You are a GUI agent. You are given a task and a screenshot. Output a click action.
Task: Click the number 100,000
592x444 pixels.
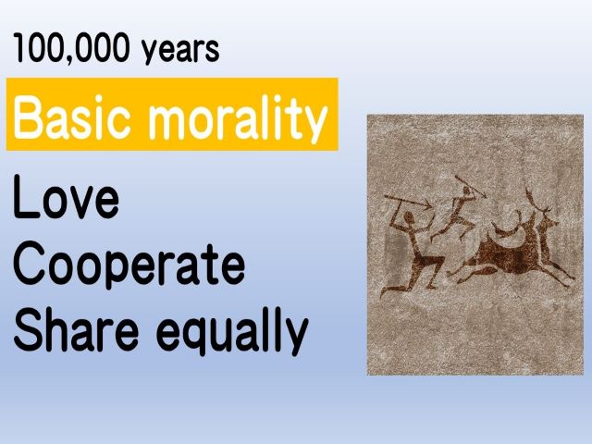[x=71, y=49]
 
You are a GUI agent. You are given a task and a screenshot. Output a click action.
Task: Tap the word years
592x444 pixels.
[x=180, y=51]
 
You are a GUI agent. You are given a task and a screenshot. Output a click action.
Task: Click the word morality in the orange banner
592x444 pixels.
[x=238, y=117]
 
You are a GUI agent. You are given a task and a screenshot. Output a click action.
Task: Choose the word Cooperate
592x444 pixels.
[x=129, y=265]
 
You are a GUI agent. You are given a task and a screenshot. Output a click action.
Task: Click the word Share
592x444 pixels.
[x=76, y=329]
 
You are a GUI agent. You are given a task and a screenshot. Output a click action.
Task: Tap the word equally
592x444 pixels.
[x=232, y=332]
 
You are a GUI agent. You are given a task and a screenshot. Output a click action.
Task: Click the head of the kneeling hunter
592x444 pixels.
[x=409, y=218]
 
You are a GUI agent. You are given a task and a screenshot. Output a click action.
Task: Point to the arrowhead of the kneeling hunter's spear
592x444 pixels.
[x=427, y=205]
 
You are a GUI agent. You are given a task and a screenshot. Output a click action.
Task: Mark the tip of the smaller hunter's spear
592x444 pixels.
[x=485, y=196]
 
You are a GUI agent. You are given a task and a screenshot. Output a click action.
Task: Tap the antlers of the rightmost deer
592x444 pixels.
[x=536, y=201]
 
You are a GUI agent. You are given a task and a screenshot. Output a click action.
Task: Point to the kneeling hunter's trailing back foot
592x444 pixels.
[x=385, y=292]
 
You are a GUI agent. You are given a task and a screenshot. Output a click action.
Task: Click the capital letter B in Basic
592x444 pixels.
[x=27, y=117]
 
